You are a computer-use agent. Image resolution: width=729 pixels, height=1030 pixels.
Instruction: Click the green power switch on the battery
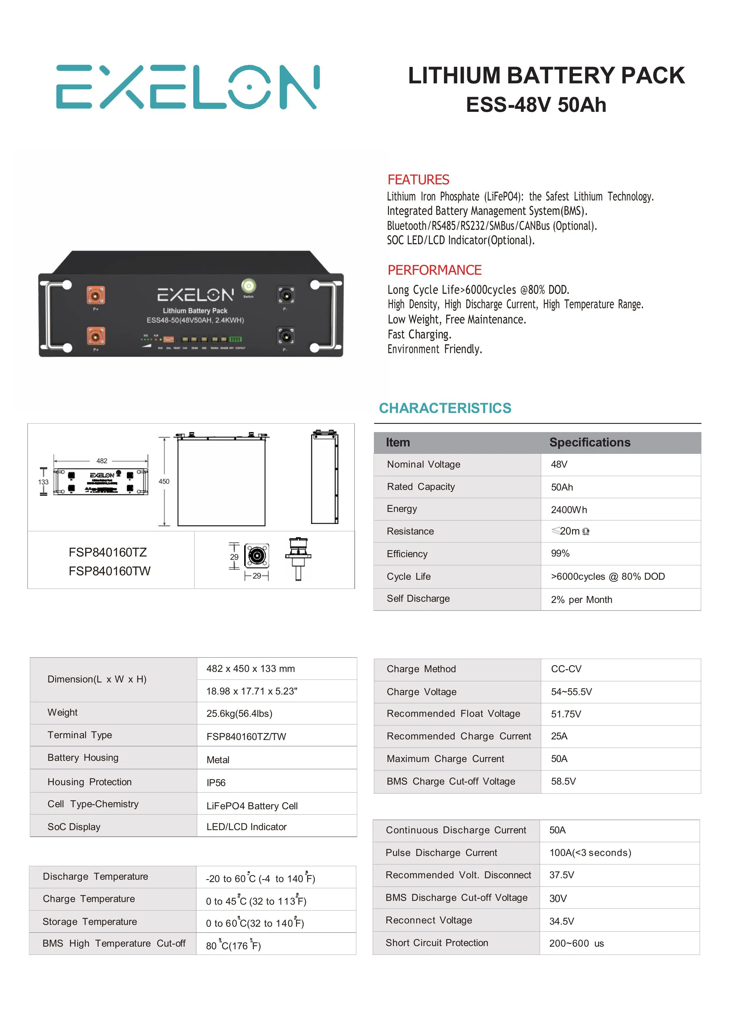coord(248,286)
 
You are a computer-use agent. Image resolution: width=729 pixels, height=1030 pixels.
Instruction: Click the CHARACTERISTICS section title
coord(445,408)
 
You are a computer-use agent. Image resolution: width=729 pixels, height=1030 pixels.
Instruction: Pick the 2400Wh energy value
coord(569,510)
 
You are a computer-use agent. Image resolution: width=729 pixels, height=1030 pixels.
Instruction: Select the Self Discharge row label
coord(418,599)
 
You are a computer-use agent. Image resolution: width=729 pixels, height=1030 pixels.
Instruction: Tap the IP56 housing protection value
coord(216,783)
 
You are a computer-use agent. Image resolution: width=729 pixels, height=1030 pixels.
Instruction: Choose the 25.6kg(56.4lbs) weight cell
coord(239,714)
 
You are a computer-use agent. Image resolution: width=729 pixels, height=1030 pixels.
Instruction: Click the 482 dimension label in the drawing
coord(102,461)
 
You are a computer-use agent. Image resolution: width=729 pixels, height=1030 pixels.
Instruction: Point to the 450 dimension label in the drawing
coord(164,481)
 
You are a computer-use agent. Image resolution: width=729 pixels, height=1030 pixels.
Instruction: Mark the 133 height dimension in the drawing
coord(43,482)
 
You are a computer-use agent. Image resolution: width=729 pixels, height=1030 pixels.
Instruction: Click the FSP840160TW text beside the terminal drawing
coord(109,571)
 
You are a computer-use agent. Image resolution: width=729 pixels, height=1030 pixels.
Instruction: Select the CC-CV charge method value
coord(566,669)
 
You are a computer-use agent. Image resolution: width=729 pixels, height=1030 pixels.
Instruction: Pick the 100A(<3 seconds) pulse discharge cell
coord(590,853)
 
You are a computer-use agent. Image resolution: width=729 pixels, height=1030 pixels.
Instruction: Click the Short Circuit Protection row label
coord(436,943)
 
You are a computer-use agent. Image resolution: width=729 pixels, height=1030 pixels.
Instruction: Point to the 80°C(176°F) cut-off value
coord(233,945)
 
